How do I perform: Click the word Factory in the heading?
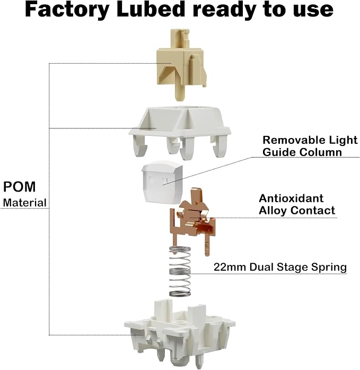click(x=67, y=10)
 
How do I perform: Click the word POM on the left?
click(x=19, y=187)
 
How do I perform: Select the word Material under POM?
click(x=25, y=203)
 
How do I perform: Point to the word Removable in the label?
click(x=293, y=140)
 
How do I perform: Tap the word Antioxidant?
click(x=291, y=198)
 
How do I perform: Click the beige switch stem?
click(x=181, y=64)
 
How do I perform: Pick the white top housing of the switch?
click(x=180, y=133)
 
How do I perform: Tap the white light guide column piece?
click(x=162, y=183)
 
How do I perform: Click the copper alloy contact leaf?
click(x=193, y=221)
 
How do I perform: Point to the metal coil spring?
click(x=180, y=271)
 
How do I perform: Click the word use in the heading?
click(x=313, y=11)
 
